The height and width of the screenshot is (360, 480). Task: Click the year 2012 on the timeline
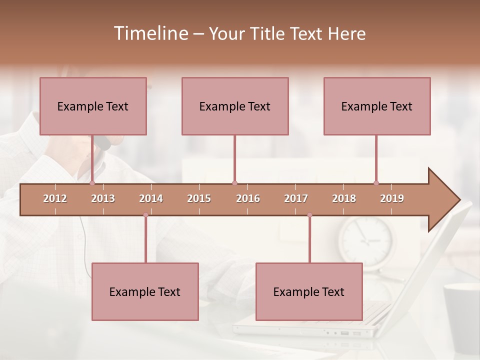[55, 198]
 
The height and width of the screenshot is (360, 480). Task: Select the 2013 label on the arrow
[103, 198]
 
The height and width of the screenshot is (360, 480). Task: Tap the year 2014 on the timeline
[151, 198]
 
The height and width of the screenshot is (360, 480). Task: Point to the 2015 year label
[199, 198]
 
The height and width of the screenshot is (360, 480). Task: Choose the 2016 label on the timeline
[248, 198]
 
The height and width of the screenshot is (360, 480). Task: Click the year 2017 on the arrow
[296, 198]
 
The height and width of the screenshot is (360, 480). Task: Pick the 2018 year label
[344, 198]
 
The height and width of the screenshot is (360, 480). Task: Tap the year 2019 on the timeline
[392, 198]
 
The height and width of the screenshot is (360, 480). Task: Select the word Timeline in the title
[150, 33]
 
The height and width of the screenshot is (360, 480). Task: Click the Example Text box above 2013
[93, 106]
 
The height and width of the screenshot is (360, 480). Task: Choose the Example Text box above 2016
[235, 106]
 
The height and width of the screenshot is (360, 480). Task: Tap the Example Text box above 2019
[377, 106]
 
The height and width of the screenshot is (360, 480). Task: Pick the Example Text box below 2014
[145, 291]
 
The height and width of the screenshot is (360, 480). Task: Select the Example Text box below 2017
[309, 291]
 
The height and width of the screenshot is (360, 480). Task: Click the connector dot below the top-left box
[92, 183]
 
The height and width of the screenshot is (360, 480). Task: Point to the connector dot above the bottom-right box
[309, 215]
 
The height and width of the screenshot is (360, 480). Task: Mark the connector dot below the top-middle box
[234, 183]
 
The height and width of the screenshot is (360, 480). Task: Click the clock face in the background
[366, 238]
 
